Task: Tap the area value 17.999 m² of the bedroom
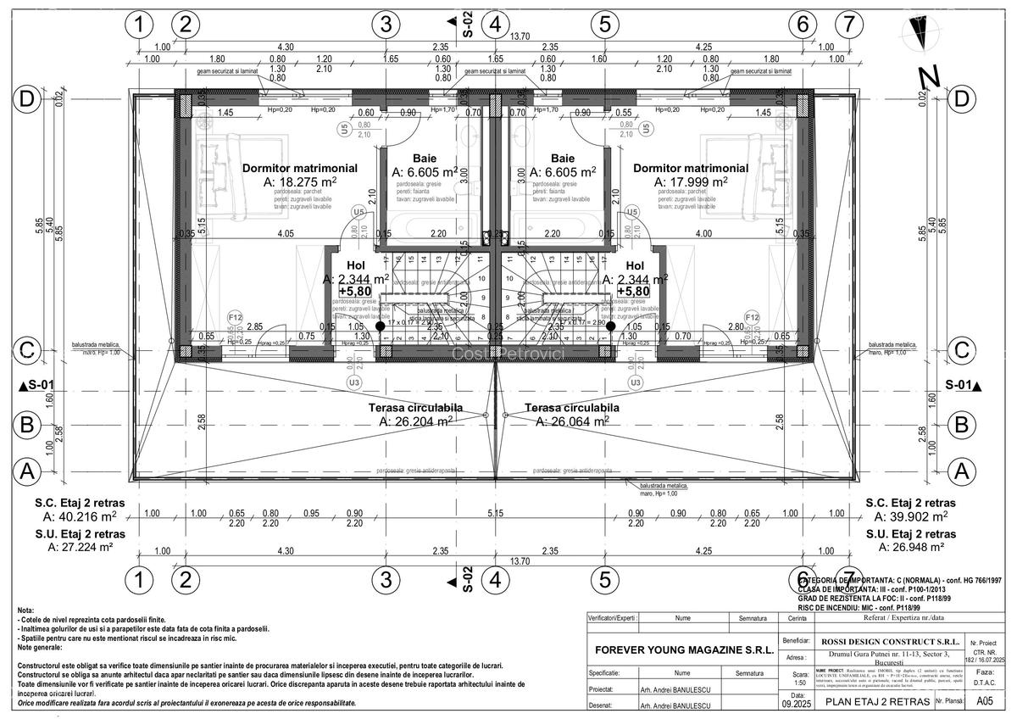tap(690, 181)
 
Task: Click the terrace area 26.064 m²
tap(571, 421)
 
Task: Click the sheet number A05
tap(985, 701)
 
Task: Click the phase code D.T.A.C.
tap(985, 681)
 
